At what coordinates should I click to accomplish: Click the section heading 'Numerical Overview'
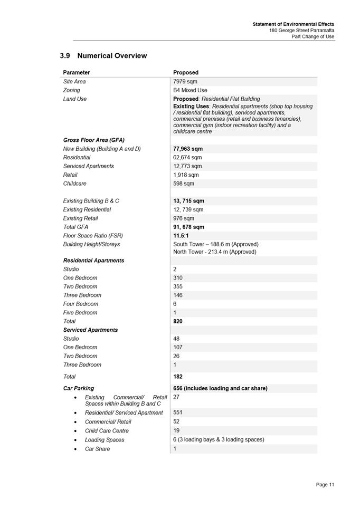(111, 56)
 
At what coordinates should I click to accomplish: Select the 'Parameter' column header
(77, 73)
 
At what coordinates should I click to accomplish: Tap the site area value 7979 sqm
(185, 82)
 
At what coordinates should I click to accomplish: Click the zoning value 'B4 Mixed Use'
(190, 90)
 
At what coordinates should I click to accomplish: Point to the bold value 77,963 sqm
(188, 149)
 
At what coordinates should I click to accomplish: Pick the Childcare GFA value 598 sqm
(184, 184)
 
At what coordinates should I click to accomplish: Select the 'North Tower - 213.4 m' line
(214, 252)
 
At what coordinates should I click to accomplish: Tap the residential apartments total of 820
(178, 321)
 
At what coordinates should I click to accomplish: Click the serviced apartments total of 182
(178, 377)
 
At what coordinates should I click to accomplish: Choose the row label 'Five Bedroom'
(80, 312)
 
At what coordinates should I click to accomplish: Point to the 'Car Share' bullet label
(98, 449)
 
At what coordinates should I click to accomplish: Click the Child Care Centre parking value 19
(176, 430)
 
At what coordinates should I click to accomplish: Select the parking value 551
(178, 412)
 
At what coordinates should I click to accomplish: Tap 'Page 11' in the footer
(325, 485)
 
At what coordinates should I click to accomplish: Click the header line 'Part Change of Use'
(312, 36)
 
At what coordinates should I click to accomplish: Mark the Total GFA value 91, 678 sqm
(188, 227)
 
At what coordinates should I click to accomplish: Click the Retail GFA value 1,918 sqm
(186, 175)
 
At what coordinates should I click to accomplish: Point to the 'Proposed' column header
(186, 73)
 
